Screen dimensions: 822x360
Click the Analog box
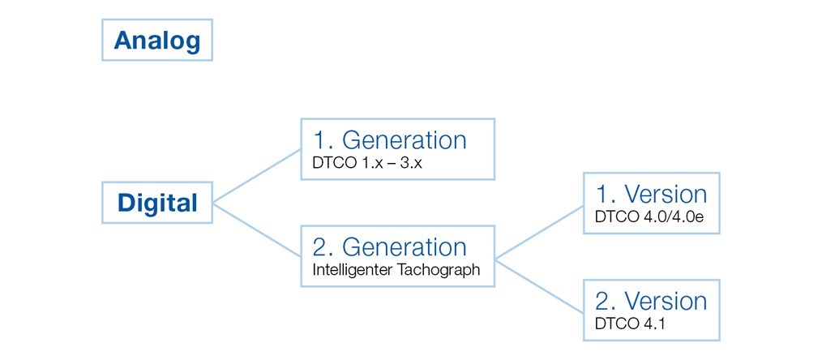point(156,40)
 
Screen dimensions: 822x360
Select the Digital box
point(156,203)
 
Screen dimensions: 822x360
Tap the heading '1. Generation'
point(389,140)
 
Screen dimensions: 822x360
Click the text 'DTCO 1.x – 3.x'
point(367,164)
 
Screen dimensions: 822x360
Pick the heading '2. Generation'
point(389,246)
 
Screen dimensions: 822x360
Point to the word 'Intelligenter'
point(353,270)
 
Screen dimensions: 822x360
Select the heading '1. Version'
point(651,194)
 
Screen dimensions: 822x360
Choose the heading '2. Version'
point(651,301)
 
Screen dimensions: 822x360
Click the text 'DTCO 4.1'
point(630,324)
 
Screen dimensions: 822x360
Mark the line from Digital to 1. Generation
point(256,176)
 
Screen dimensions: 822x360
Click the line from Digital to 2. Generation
point(256,229)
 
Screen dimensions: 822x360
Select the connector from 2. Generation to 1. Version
point(539,232)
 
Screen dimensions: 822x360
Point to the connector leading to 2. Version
point(539,285)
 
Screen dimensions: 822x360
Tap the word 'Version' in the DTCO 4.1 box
point(666,301)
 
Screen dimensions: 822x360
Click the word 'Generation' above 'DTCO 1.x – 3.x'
point(405,140)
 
